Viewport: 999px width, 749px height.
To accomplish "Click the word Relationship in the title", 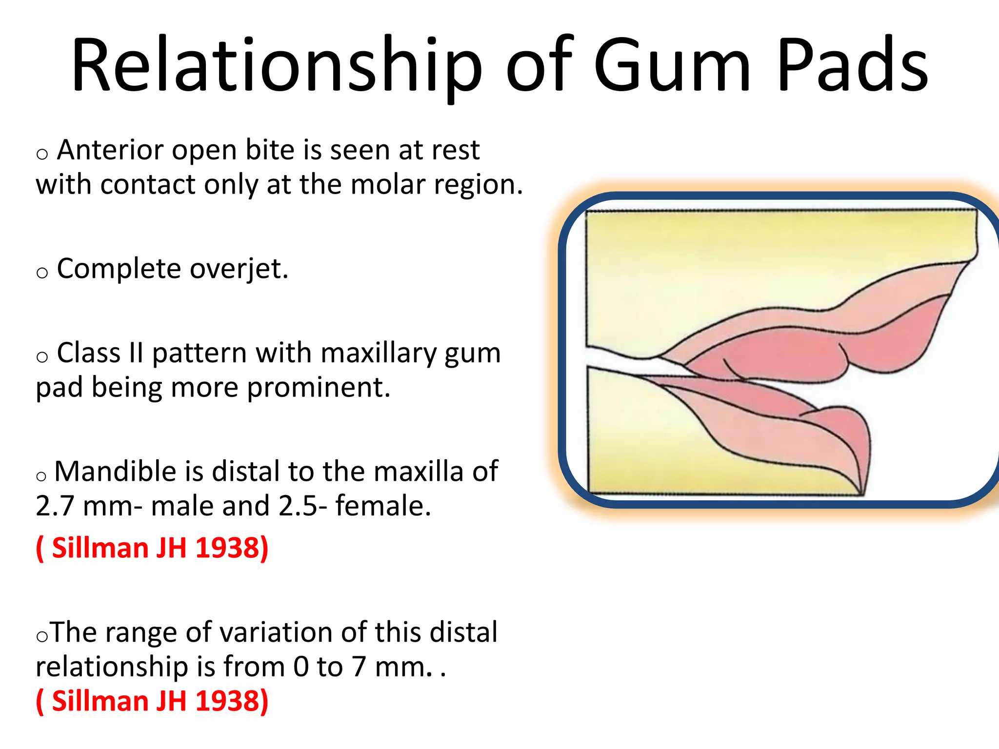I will click(x=276, y=66).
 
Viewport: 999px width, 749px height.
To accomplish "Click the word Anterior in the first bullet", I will click(x=110, y=150).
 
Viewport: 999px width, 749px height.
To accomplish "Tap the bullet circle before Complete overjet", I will click(x=42, y=273).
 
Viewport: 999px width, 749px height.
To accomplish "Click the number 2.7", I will click(x=54, y=506).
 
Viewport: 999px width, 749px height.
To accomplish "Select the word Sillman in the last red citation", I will click(x=100, y=701).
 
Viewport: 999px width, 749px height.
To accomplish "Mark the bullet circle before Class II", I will click(x=42, y=357).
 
